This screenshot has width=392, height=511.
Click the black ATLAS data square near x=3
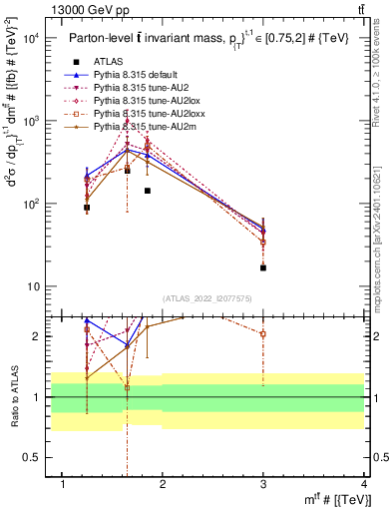(x=263, y=267)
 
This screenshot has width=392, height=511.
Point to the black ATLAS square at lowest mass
(x=87, y=208)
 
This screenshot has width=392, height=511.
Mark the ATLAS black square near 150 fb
(x=147, y=191)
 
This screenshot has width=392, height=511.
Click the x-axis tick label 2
(x=163, y=484)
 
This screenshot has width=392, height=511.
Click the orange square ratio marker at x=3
(x=263, y=334)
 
